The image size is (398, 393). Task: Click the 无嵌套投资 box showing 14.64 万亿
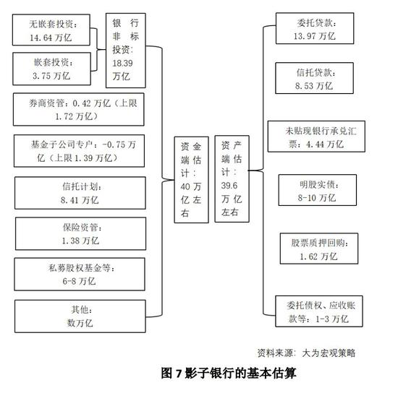(x=51, y=30)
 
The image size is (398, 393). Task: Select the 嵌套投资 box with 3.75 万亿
(x=51, y=69)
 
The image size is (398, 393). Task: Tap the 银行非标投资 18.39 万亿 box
(x=126, y=51)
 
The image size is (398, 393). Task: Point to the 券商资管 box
(x=79, y=109)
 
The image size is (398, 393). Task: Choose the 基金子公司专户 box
(x=79, y=151)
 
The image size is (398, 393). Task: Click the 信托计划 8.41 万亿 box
(x=80, y=193)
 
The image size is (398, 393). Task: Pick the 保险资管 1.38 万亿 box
(x=81, y=233)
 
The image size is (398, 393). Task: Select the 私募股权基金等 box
(x=80, y=275)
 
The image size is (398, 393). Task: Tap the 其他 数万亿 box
(x=80, y=316)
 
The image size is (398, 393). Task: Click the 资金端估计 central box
(x=191, y=180)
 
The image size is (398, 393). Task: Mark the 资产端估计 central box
(x=232, y=179)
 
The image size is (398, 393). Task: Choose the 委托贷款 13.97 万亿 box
(x=315, y=28)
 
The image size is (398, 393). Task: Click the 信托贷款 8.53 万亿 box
(x=314, y=78)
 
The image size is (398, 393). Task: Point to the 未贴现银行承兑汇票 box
(x=316, y=137)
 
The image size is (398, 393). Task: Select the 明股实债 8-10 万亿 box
(x=318, y=190)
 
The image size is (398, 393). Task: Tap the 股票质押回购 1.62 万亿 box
(x=319, y=249)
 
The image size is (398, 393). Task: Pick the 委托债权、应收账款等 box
(x=319, y=311)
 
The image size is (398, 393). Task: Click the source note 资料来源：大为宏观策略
(x=306, y=353)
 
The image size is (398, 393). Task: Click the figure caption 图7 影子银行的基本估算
(x=229, y=373)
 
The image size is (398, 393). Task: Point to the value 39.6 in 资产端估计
(x=229, y=186)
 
